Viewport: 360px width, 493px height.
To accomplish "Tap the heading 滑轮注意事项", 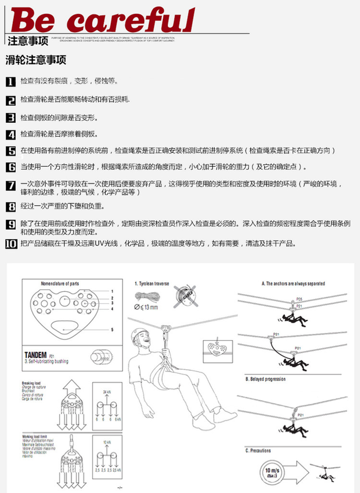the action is [36, 60].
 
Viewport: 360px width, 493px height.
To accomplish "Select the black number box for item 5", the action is [11, 151].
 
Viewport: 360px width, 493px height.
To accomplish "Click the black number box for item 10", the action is [11, 244].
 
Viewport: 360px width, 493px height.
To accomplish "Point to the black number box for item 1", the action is [11, 82].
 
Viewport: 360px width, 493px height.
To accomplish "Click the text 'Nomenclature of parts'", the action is [60, 283].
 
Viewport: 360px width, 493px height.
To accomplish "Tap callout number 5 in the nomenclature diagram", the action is [112, 329].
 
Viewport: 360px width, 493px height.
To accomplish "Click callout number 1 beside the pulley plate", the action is [112, 291].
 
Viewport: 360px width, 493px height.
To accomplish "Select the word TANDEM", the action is [36, 355].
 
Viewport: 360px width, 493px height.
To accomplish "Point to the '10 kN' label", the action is [107, 442].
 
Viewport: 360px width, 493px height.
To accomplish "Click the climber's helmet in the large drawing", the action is [140, 336].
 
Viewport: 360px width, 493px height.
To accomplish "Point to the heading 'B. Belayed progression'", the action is [265, 379].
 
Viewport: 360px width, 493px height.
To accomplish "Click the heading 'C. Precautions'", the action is [258, 450].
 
